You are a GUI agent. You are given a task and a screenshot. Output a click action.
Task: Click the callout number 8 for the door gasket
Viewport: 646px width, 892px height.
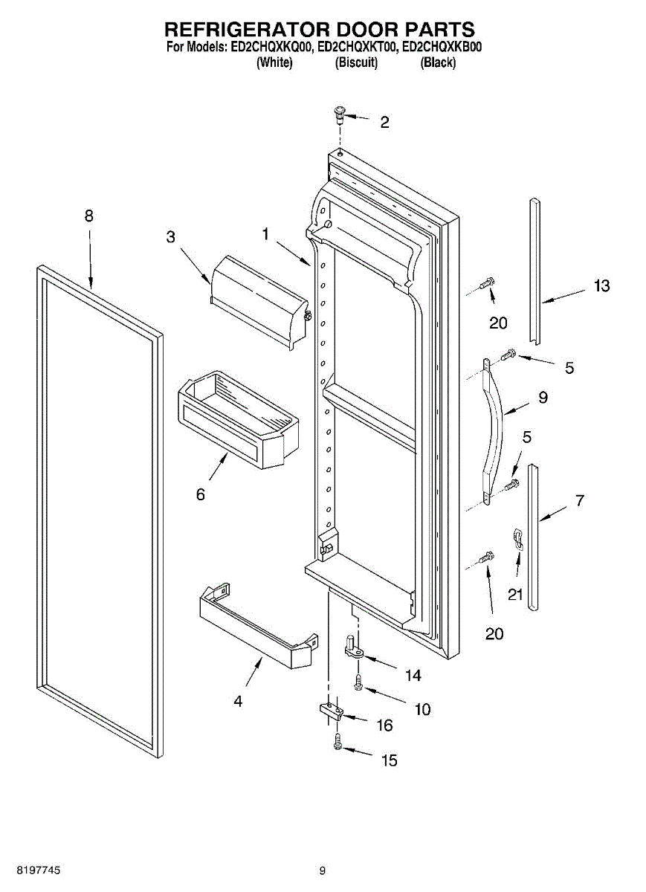click(x=89, y=216)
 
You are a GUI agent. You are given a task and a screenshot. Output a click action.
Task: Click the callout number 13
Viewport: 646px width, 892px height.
click(x=601, y=285)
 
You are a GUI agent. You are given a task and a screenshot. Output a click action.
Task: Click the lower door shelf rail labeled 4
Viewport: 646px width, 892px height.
click(x=256, y=624)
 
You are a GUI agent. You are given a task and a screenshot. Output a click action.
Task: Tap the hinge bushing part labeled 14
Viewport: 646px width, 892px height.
click(x=354, y=649)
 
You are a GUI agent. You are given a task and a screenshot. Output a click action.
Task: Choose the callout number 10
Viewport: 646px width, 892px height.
click(x=422, y=710)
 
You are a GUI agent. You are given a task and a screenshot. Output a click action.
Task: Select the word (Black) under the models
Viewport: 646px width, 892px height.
click(x=438, y=63)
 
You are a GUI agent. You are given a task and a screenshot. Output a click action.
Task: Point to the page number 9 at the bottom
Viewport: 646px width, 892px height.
click(x=323, y=870)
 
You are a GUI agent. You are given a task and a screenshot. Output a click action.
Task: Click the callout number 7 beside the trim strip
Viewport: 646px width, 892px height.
click(x=580, y=500)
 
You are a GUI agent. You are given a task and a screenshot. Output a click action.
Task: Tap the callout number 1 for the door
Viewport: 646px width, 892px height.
click(x=265, y=233)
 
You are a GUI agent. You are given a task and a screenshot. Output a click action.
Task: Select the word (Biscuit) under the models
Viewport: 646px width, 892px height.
click(x=357, y=63)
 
